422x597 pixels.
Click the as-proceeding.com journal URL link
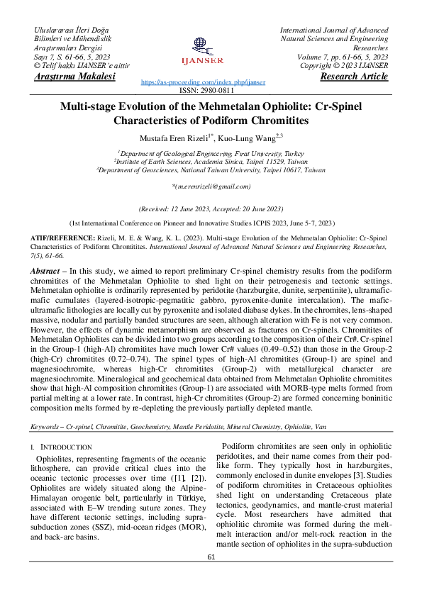[x=204, y=82]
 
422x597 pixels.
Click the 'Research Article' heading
[x=354, y=77]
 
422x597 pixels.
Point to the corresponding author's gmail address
[x=211, y=186]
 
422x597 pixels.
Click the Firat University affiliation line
[x=211, y=153]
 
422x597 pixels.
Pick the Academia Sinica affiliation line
[x=211, y=162]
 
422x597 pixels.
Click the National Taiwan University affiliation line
[x=211, y=170]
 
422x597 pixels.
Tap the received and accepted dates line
[x=211, y=209]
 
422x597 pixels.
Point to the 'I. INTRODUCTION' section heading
[x=61, y=447]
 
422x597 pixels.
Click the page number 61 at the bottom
[x=211, y=576]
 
